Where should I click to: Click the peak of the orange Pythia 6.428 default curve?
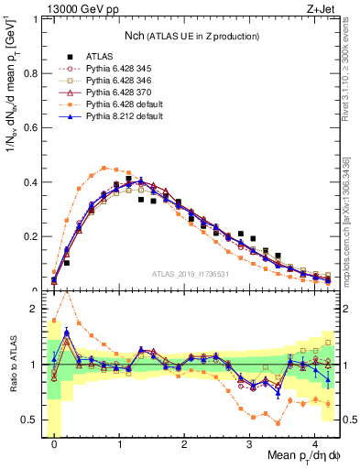click(x=105, y=168)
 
